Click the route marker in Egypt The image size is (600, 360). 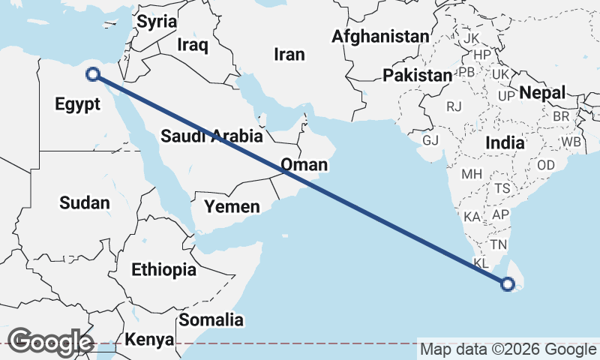pyautogui.click(x=93, y=73)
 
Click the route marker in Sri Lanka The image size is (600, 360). pyautogui.click(x=508, y=284)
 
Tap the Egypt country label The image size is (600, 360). pyautogui.click(x=77, y=104)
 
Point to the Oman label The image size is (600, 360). pyautogui.click(x=304, y=165)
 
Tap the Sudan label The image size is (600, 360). pyautogui.click(x=85, y=202)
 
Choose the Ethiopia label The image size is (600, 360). pyautogui.click(x=163, y=269)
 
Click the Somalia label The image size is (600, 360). pyautogui.click(x=211, y=320)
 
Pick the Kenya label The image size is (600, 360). pyautogui.click(x=149, y=340)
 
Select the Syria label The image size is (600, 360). pyautogui.click(x=156, y=22)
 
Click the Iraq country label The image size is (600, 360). pyautogui.click(x=193, y=45)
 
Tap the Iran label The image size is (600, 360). pyautogui.click(x=289, y=54)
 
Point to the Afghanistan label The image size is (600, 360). pyautogui.click(x=381, y=36)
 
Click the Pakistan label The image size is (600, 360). pyautogui.click(x=417, y=76)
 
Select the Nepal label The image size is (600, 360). pyautogui.click(x=540, y=93)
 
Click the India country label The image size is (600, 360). pyautogui.click(x=505, y=142)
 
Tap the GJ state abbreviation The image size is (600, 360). pyautogui.click(x=430, y=141)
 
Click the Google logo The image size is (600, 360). pyautogui.click(x=49, y=342)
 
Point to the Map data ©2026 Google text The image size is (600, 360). pyautogui.click(x=508, y=349)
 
